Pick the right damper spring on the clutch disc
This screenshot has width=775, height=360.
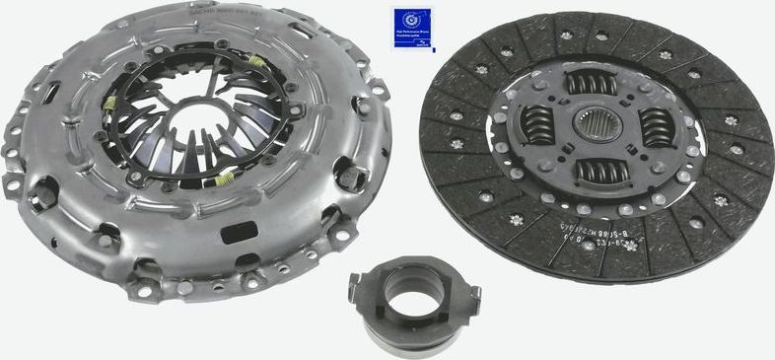click(658, 127)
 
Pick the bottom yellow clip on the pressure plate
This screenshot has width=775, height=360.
click(225, 178)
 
